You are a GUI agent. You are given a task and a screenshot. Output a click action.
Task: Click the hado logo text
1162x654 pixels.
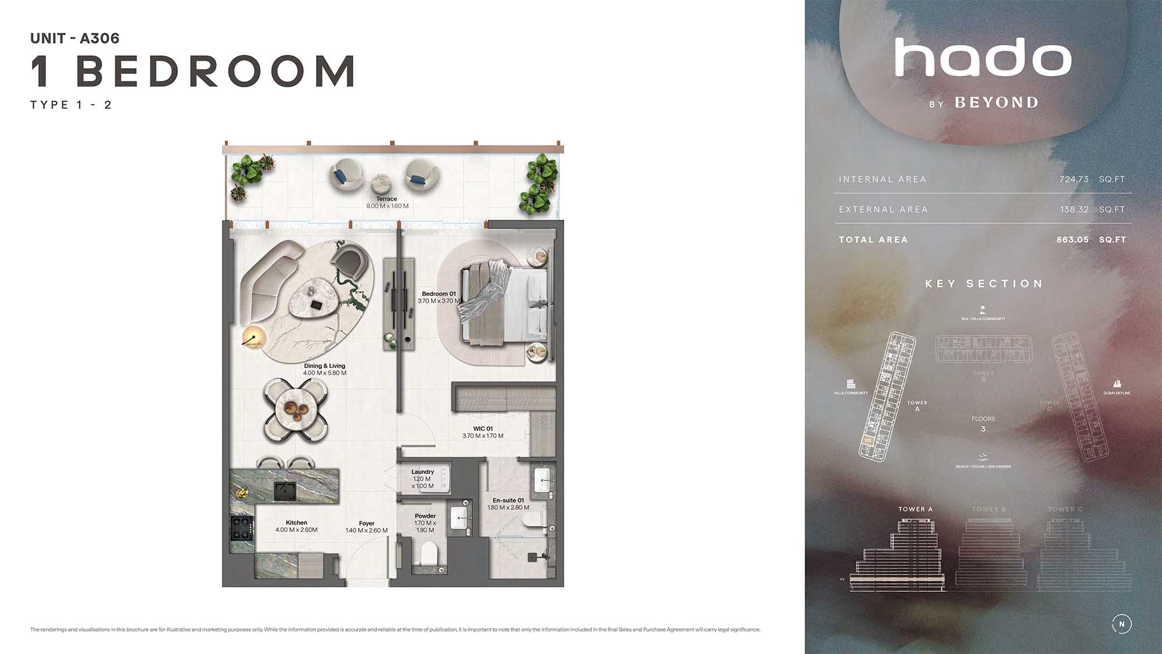click(x=983, y=58)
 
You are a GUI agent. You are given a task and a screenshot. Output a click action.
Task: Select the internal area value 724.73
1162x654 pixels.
click(x=1074, y=180)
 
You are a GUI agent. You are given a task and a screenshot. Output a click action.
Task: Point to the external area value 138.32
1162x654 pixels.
click(x=1074, y=210)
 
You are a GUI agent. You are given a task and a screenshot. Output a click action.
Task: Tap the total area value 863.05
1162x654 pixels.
click(x=1073, y=240)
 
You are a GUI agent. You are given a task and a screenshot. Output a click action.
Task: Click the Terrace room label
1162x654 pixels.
click(x=387, y=199)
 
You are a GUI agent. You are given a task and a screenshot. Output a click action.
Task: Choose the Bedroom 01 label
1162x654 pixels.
click(x=439, y=294)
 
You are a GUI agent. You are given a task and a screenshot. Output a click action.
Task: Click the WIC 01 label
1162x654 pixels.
click(x=482, y=429)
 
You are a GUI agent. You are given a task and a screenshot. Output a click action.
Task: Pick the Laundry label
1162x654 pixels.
click(x=422, y=472)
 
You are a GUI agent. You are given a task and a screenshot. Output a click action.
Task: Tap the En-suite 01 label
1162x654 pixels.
click(x=508, y=501)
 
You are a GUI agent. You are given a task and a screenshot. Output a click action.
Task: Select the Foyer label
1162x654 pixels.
click(x=367, y=523)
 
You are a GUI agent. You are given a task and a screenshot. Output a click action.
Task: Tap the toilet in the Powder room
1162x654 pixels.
click(x=429, y=553)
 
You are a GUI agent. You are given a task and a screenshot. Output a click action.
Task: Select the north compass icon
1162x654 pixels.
click(x=1121, y=624)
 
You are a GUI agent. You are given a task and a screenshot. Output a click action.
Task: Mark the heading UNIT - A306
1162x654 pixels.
click(x=75, y=38)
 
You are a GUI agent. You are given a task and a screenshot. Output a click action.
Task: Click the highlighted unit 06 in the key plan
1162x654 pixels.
click(x=868, y=441)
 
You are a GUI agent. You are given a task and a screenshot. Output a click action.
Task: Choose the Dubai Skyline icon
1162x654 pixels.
click(x=1117, y=384)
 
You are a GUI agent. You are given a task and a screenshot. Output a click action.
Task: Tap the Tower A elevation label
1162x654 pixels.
click(x=915, y=509)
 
